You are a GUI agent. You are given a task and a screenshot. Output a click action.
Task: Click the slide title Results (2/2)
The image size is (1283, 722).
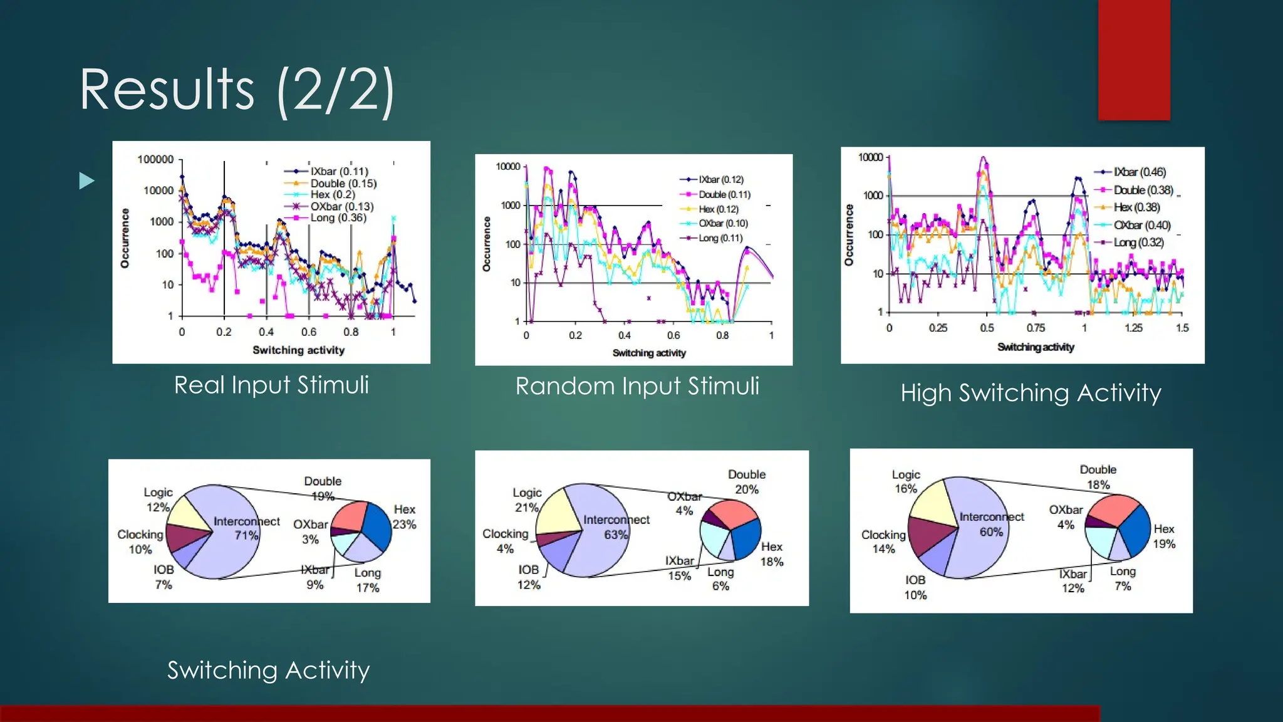(x=237, y=90)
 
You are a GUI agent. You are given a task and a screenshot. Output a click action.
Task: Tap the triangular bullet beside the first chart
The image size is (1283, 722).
(x=87, y=181)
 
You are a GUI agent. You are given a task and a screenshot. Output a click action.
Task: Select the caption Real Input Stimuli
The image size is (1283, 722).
(x=271, y=385)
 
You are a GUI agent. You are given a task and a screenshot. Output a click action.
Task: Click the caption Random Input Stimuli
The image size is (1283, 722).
(x=637, y=386)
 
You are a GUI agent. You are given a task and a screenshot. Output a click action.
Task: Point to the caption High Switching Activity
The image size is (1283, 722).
(x=1031, y=393)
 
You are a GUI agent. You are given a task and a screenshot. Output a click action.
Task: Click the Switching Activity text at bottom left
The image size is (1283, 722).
(x=268, y=671)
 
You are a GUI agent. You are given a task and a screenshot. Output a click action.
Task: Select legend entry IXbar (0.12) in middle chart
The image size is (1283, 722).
(x=720, y=179)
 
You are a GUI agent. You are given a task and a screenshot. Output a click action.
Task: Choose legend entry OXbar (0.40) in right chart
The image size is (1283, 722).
(x=1141, y=225)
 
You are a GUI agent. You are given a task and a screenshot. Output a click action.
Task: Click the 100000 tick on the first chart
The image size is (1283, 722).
(x=155, y=160)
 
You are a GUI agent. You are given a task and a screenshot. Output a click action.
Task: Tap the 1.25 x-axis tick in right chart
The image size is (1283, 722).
(x=1133, y=328)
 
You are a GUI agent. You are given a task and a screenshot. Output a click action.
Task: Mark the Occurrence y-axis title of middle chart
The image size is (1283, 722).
(x=486, y=244)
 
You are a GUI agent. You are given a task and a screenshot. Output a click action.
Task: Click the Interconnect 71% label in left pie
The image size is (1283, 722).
(x=246, y=528)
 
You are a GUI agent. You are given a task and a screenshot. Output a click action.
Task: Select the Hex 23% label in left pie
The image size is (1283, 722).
(x=404, y=517)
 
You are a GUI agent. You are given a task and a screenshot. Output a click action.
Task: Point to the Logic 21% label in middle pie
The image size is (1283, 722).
(x=527, y=500)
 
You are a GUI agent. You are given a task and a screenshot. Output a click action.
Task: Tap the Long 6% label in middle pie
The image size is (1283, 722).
(x=720, y=579)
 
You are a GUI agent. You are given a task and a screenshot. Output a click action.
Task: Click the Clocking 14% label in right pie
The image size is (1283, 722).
(x=883, y=541)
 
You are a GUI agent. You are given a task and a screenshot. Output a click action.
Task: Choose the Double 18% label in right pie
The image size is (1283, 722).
(x=1098, y=477)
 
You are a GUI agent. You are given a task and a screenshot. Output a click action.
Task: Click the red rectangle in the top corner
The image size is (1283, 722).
(x=1133, y=60)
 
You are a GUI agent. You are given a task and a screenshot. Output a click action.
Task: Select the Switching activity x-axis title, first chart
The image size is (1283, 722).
(x=298, y=350)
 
